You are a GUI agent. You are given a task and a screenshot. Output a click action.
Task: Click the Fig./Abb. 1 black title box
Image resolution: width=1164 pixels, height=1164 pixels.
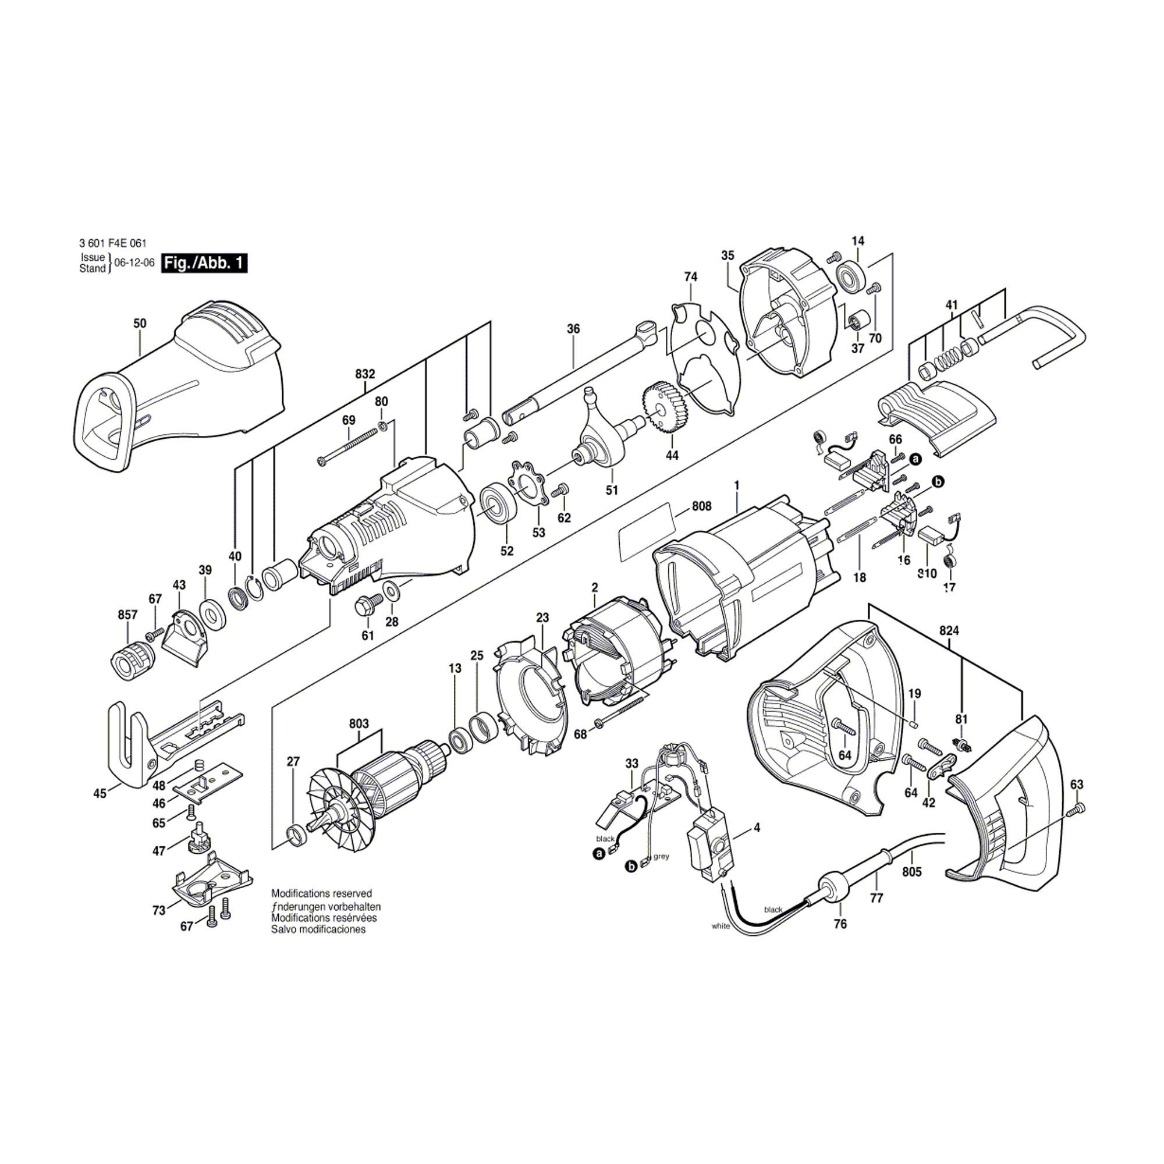204,263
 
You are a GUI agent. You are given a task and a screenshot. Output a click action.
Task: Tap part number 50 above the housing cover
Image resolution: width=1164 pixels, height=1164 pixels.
140,324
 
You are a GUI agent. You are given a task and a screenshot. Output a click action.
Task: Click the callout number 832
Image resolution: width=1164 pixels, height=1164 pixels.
365,374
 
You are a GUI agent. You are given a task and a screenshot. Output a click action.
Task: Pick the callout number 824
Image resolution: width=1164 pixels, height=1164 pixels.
949,631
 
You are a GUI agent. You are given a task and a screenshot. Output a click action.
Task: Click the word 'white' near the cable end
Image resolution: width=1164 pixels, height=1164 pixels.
721,926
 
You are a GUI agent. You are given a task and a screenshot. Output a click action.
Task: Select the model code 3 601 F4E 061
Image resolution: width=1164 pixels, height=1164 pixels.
113,244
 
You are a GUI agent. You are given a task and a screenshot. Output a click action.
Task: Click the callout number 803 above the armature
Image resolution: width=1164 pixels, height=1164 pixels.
359,723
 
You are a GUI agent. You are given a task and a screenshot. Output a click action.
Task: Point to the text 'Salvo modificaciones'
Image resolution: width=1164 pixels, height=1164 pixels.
318,929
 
